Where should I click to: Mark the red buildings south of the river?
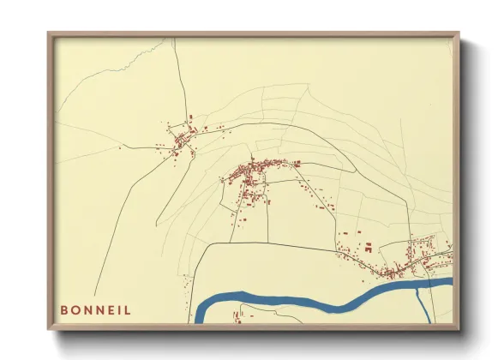pyautogui.click(x=237, y=318)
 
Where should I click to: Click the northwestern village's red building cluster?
pyautogui.click(x=182, y=140)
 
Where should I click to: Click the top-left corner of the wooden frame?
pyautogui.click(x=50, y=34)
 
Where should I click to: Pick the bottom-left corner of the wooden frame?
pyautogui.click(x=50, y=327)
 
